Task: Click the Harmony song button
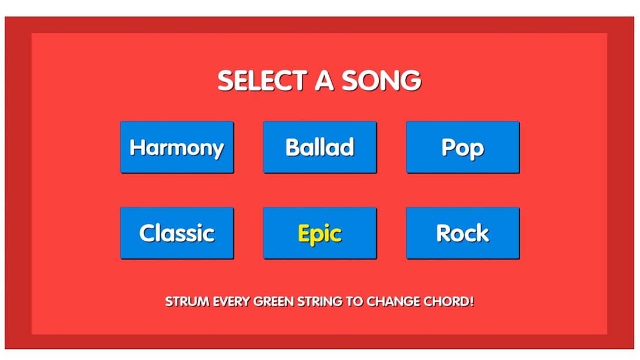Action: [x=177, y=147]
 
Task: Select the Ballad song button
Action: [x=319, y=147]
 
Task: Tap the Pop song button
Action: [x=463, y=147]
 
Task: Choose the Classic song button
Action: [x=177, y=233]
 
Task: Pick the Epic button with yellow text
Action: [x=319, y=233]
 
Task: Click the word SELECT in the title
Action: [x=262, y=80]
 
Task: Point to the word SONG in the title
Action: [x=381, y=80]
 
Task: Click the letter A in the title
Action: [x=325, y=80]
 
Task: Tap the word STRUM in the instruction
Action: [x=187, y=302]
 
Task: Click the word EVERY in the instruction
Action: [x=231, y=302]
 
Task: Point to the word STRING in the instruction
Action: [x=319, y=302]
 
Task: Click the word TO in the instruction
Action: [x=354, y=302]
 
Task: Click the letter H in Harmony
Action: [x=137, y=147]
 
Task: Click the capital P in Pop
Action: [x=448, y=147]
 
